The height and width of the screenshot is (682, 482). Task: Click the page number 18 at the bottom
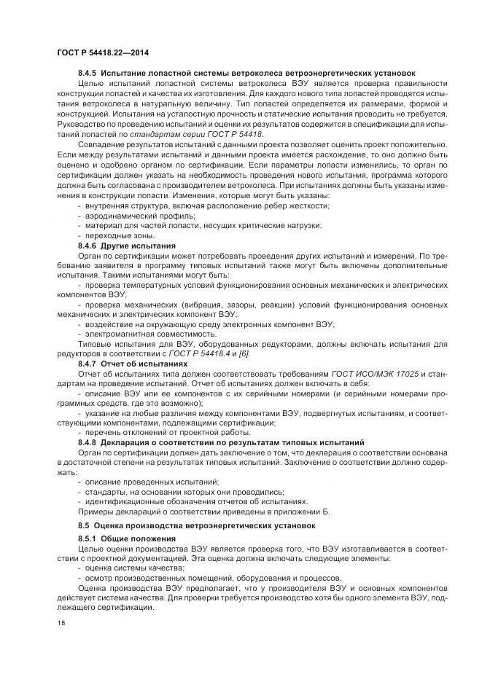click(x=61, y=624)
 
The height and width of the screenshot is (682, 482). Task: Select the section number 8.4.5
click(x=88, y=74)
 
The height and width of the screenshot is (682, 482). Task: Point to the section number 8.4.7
click(x=88, y=362)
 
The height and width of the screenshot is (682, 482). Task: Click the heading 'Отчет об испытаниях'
click(x=144, y=362)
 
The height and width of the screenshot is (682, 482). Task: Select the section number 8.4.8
click(x=88, y=442)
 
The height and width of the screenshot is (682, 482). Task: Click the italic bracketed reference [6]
click(x=244, y=353)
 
